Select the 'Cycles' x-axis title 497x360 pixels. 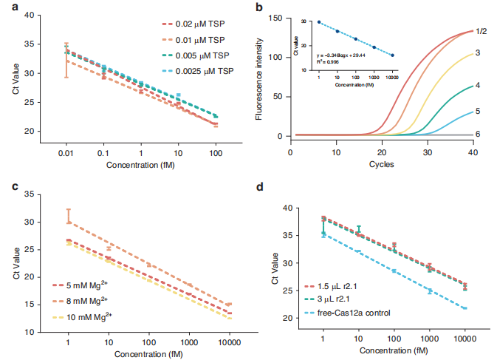[382, 163]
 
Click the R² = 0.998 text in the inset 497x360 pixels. [333, 61]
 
